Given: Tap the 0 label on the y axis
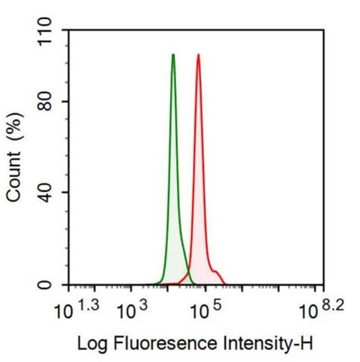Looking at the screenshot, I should (x=53, y=285).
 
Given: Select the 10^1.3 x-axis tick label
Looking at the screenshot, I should (x=78, y=311).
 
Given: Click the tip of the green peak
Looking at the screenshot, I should (x=173, y=55).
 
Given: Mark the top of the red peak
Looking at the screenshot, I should (x=198, y=55).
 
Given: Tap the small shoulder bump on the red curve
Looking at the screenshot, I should (x=216, y=272).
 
